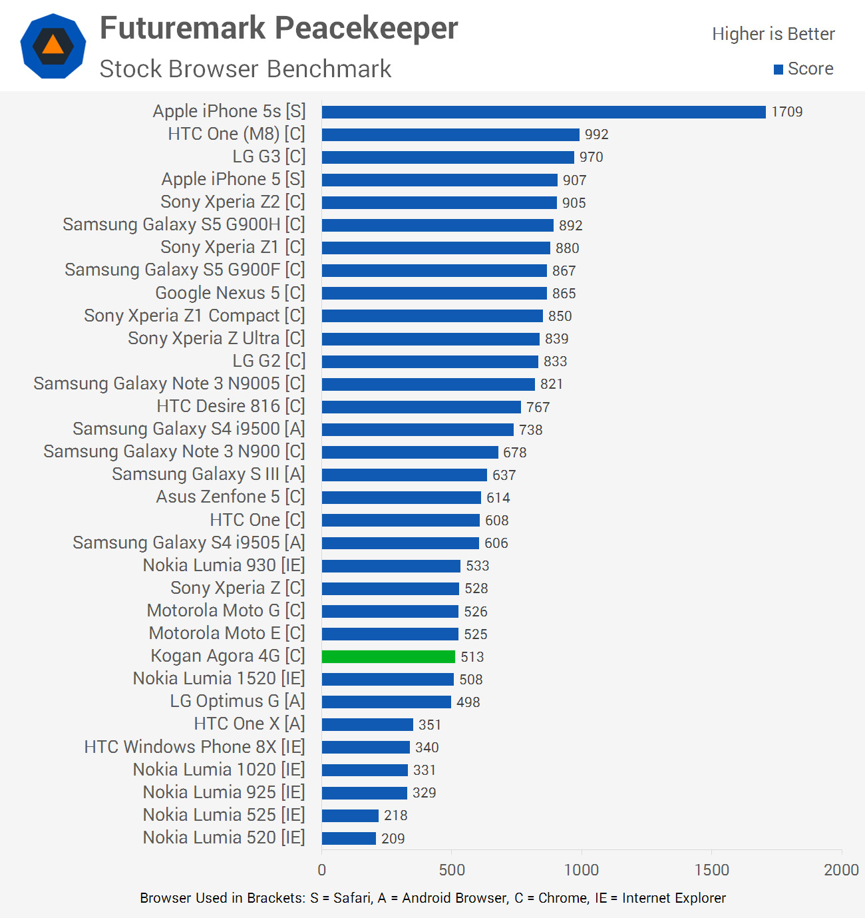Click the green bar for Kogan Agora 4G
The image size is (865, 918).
pos(388,656)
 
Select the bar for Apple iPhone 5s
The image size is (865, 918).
pos(544,112)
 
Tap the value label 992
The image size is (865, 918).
pos(596,134)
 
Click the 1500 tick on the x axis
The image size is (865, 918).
pos(711,869)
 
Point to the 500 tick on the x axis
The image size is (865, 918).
pos(452,869)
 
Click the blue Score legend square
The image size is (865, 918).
pos(778,69)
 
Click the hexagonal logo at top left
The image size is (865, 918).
pos(53,46)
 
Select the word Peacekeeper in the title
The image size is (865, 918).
pos(367,29)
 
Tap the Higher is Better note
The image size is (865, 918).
pos(773,34)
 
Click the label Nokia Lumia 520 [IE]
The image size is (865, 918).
pos(224,837)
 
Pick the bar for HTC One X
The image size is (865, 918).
pos(367,724)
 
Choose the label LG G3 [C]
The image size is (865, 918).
pos(269,156)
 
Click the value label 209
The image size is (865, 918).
pos(393,838)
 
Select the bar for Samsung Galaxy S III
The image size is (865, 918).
pos(404,475)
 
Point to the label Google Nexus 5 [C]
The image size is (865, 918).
pos(230,293)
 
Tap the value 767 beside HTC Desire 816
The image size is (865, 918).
pos(538,407)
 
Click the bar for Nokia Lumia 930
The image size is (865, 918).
pos(391,566)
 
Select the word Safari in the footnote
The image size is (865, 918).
pos(352,898)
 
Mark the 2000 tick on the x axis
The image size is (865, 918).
pos(841,869)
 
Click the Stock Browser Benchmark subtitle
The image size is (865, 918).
pos(246,69)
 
